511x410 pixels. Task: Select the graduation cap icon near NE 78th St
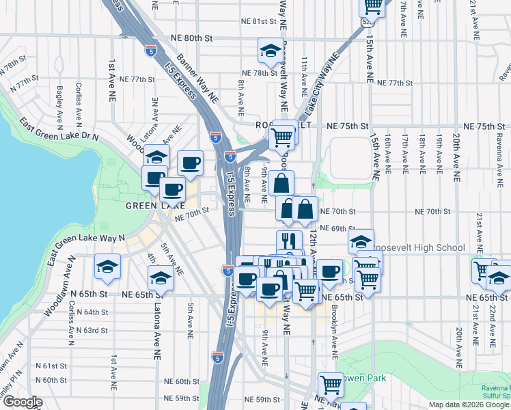[271, 51]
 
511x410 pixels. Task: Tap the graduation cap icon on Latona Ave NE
[161, 278]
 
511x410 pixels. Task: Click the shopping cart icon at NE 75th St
[281, 137]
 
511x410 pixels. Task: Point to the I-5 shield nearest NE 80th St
[150, 49]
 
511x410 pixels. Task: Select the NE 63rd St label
[93, 330]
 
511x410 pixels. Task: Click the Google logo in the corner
[22, 402]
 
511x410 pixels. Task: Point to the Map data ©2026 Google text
[467, 405]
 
